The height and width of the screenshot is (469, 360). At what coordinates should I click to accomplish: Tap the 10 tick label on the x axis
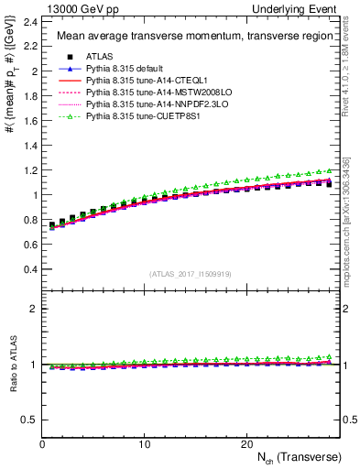(145, 444)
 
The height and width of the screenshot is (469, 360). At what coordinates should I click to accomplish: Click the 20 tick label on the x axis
(246, 444)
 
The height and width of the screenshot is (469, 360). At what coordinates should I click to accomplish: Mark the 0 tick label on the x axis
(43, 444)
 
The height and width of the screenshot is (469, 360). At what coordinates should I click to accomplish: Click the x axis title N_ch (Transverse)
(300, 457)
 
